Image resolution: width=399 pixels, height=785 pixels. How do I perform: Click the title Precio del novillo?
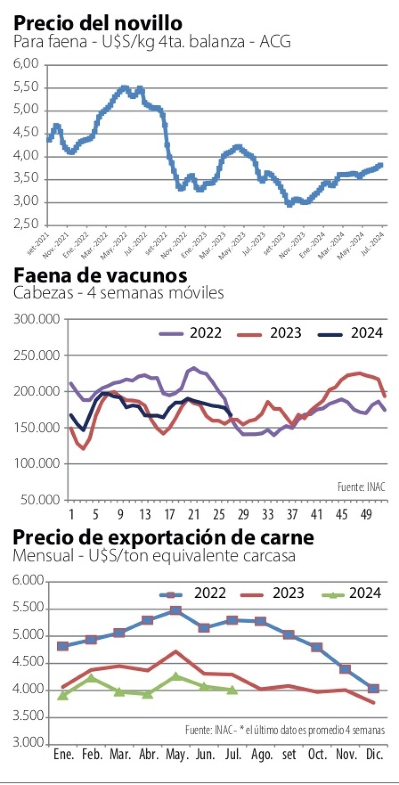(x=98, y=22)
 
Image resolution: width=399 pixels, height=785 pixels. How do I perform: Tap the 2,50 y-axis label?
(x=28, y=224)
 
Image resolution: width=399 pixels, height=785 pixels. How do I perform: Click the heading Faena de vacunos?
(x=100, y=275)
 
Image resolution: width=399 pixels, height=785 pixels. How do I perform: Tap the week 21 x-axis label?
(x=193, y=515)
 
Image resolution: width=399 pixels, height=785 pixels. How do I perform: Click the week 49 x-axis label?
(x=366, y=515)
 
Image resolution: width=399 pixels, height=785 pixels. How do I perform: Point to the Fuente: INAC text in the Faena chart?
(x=361, y=487)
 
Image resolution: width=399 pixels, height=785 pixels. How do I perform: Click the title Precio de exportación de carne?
(x=163, y=537)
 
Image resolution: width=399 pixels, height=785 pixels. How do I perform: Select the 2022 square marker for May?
(x=176, y=610)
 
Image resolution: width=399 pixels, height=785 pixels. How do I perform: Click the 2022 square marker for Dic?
(x=373, y=689)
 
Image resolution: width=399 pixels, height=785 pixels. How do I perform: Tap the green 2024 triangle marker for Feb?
(x=91, y=678)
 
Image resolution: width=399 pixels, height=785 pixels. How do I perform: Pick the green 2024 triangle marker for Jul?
(x=232, y=690)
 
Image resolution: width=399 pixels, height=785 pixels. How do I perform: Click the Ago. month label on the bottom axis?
(x=261, y=755)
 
